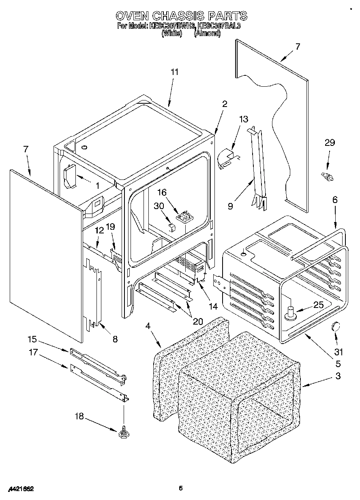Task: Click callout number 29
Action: (330, 143)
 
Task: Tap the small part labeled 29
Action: (327, 176)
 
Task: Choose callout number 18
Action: (79, 416)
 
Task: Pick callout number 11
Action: (174, 72)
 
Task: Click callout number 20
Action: (197, 321)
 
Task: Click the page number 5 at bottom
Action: (181, 489)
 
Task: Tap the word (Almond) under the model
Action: (207, 34)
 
